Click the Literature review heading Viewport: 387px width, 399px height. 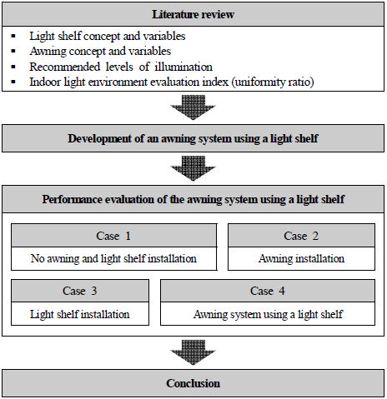pos(193,14)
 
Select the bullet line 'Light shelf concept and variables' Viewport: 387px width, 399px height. pos(108,36)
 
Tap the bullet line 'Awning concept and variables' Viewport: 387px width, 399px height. pos(100,52)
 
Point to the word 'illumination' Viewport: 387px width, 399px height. pos(183,67)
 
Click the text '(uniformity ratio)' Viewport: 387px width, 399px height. pos(273,82)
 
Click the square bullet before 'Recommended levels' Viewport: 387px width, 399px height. pos(13,67)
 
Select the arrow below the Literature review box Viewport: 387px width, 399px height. pos(193,107)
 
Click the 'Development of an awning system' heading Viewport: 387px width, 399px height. pos(193,138)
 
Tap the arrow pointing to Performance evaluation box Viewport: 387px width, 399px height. pos(193,168)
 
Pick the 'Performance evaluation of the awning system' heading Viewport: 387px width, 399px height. pos(193,199)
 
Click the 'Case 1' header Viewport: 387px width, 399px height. pos(113,236)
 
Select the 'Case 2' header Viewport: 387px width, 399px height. pos(301,236)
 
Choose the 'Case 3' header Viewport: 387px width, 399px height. pos(80,291)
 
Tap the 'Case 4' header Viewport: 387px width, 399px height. pos(268,291)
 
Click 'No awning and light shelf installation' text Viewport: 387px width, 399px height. pos(113,258)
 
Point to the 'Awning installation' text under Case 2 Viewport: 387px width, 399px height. pos(301,258)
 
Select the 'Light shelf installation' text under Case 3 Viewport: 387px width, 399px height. pos(80,314)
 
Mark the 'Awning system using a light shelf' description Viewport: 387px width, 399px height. pos(268,314)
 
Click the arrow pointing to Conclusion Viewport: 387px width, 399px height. pos(193,352)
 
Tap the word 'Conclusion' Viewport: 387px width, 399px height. pos(193,383)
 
